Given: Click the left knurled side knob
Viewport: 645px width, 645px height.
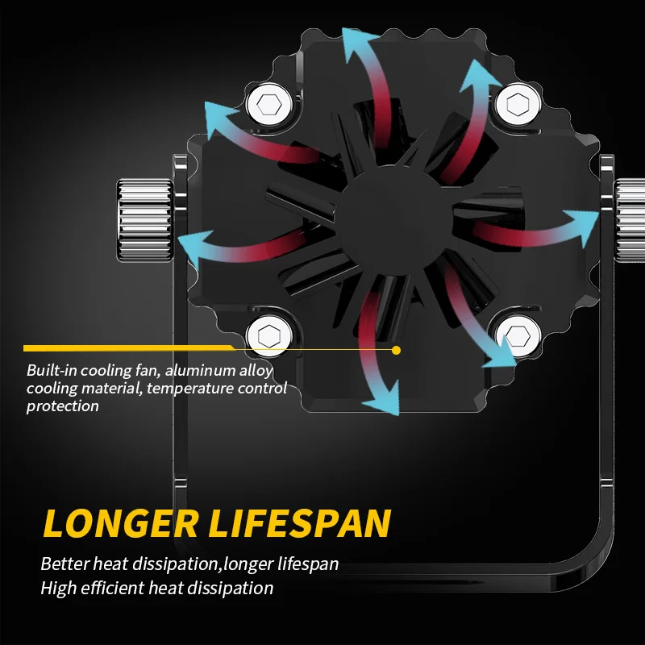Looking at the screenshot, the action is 144,218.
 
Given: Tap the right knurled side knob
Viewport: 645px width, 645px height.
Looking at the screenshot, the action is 630,218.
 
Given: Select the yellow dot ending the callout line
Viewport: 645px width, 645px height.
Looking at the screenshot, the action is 396,349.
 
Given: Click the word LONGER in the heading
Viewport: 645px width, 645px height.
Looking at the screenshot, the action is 119,523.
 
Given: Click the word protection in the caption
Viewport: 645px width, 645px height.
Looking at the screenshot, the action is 63,406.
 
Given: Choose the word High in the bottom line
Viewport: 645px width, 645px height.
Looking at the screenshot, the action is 58,589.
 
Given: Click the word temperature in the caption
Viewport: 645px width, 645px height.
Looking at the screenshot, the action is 173,389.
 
